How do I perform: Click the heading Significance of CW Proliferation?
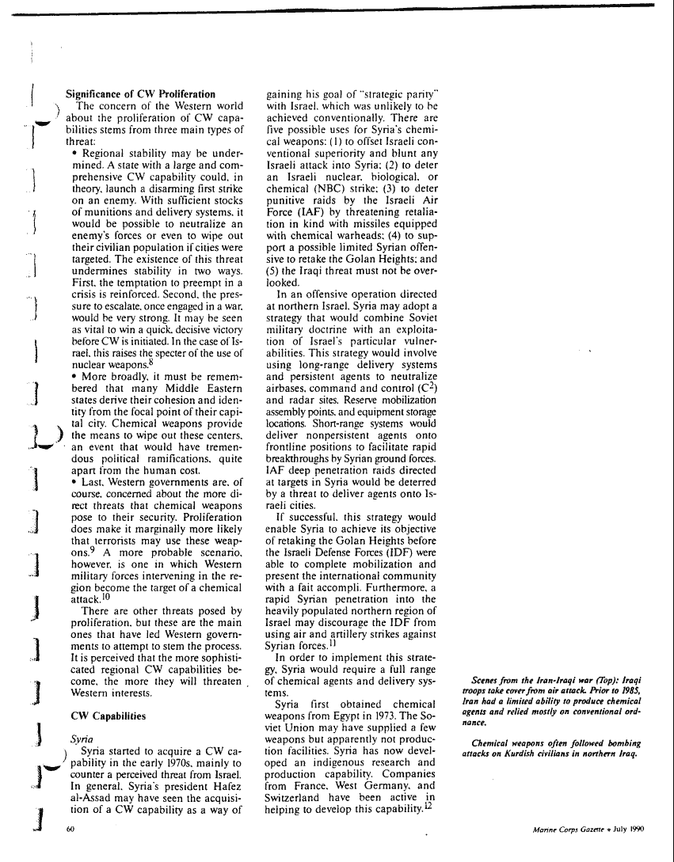coord(140,94)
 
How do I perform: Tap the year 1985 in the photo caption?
coord(630,691)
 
